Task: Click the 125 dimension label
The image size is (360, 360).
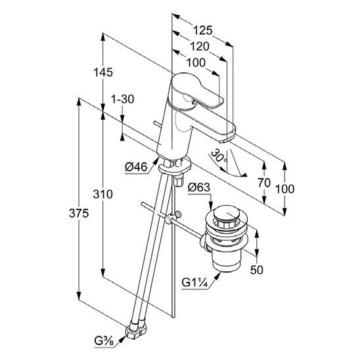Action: pyautogui.click(x=203, y=30)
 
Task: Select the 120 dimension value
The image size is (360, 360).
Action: pyautogui.click(x=200, y=47)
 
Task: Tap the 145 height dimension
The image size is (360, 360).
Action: pyautogui.click(x=103, y=72)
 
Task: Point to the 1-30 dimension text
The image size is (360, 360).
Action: pyautogui.click(x=122, y=99)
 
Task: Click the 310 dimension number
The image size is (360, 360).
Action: pyautogui.click(x=103, y=194)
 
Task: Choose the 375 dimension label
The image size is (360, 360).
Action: pyautogui.click(x=79, y=214)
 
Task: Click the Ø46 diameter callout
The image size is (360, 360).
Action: pyautogui.click(x=136, y=167)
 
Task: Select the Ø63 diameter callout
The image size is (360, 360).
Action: pyautogui.click(x=199, y=187)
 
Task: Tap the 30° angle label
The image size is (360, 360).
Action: pyautogui.click(x=219, y=156)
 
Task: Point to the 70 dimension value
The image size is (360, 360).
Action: pyautogui.click(x=264, y=183)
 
